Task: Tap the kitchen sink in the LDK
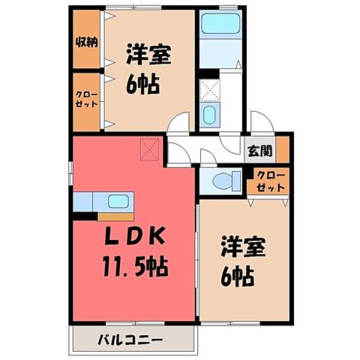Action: pyautogui.click(x=118, y=201)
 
